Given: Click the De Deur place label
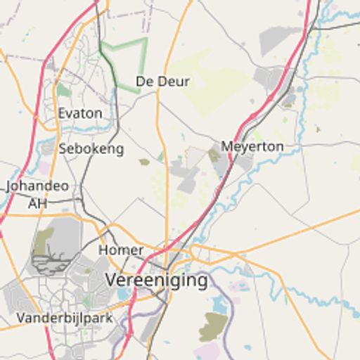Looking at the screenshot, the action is click(162, 82).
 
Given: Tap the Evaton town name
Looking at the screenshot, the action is click(80, 113).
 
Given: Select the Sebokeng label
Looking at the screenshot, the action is click(91, 148).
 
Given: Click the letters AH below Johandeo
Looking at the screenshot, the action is click(37, 203).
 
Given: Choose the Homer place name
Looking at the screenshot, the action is click(121, 250).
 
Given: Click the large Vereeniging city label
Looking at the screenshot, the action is click(157, 280).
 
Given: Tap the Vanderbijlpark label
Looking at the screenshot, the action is click(65, 318).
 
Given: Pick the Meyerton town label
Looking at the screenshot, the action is click(252, 146).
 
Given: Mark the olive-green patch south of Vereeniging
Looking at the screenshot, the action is click(213, 327).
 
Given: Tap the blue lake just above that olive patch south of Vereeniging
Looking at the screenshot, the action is click(219, 304).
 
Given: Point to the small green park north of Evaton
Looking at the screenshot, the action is click(64, 90).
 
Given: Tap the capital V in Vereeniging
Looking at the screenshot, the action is click(112, 280).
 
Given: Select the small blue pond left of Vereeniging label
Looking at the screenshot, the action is click(124, 293).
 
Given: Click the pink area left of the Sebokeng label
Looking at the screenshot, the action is click(45, 167).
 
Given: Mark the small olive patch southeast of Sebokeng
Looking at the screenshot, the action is click(144, 162).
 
